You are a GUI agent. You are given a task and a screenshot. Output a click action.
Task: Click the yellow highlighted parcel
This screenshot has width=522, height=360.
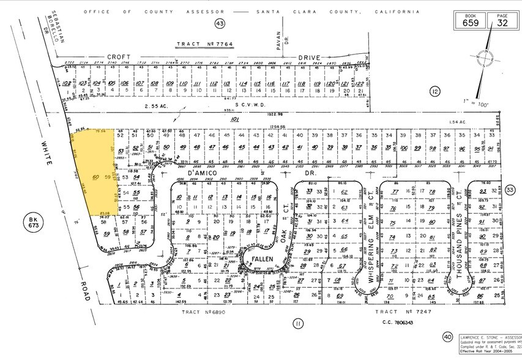click(92, 171)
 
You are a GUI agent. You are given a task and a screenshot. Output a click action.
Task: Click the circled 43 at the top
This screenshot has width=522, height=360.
click(220, 23)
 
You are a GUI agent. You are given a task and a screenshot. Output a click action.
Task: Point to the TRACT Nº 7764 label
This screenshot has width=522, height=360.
click(200, 44)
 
